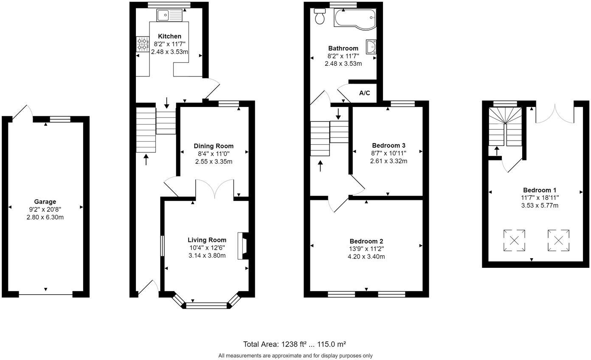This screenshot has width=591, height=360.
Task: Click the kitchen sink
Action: (x=169, y=16)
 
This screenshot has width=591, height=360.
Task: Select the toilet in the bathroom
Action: (x=320, y=17)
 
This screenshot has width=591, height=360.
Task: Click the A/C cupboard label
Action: (x=364, y=93)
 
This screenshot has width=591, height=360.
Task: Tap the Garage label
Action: (x=45, y=202)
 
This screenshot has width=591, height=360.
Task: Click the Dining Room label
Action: (x=214, y=146)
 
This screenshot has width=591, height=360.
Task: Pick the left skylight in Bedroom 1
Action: (x=514, y=240)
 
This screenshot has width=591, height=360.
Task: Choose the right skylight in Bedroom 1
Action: (x=558, y=240)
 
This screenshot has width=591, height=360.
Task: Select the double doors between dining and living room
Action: (x=215, y=189)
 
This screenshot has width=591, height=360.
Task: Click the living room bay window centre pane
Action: (x=207, y=304)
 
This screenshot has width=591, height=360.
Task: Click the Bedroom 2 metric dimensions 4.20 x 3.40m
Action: (x=366, y=256)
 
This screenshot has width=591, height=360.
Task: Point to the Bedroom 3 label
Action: (x=388, y=145)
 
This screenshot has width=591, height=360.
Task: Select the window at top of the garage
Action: (x=60, y=119)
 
